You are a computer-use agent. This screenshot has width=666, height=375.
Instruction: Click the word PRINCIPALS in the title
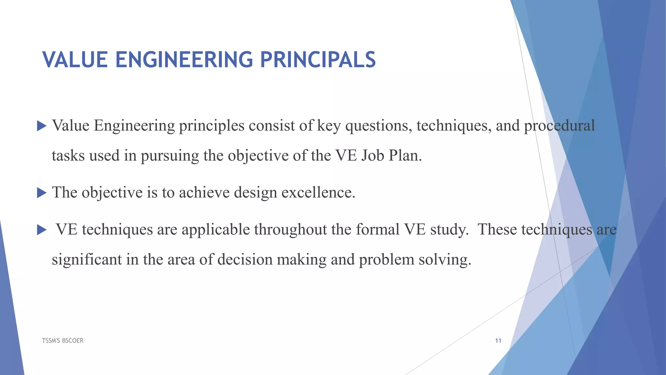point(318,60)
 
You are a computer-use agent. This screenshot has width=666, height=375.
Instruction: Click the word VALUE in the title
point(75,60)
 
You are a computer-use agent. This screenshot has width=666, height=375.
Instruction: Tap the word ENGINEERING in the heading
point(184,60)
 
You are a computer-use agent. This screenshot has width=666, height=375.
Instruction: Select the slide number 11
point(498,340)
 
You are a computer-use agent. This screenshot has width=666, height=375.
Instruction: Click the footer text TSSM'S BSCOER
point(63,340)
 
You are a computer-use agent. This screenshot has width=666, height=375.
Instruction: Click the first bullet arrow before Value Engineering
point(42,126)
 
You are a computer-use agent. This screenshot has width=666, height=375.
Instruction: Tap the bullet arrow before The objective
point(42,193)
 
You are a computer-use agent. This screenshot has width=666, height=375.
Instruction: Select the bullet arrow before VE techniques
point(42,230)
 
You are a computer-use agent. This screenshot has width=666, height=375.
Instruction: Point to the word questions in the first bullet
point(378,126)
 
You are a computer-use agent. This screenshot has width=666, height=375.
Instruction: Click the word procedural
point(559,126)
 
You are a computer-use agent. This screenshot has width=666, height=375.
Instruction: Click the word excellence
point(318,192)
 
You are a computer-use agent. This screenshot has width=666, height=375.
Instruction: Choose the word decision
point(245,260)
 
